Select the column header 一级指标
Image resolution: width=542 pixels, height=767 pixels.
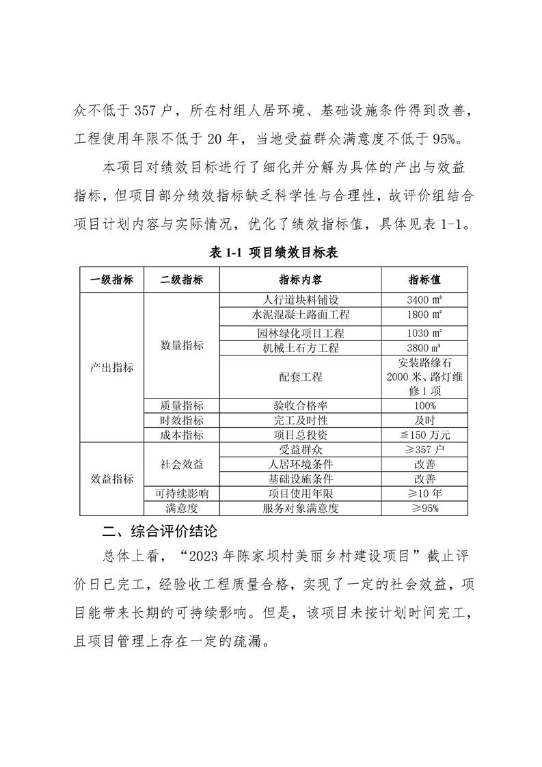coord(111,280)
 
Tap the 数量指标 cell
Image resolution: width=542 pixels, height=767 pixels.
coord(182,345)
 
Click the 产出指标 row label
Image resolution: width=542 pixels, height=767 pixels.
coord(111,367)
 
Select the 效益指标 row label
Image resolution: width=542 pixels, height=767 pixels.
coord(111,479)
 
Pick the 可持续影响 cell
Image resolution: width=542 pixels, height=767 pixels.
coord(182,494)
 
